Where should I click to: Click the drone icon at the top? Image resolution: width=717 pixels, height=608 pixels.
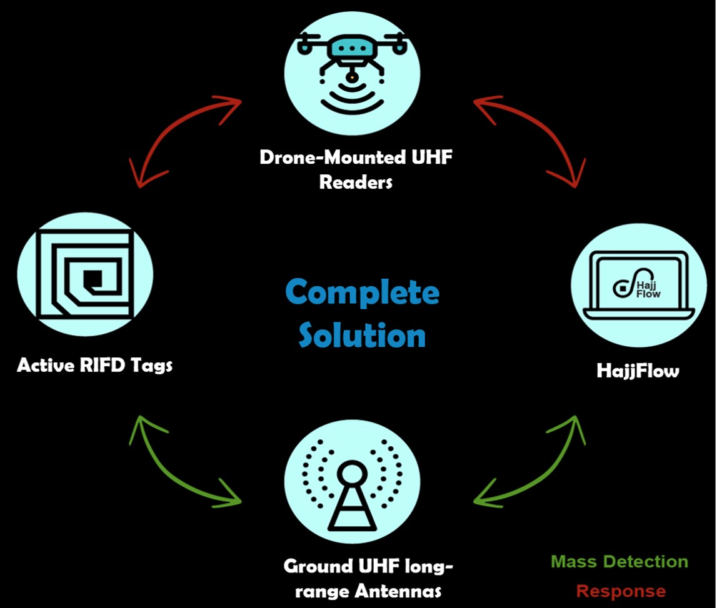pyautogui.click(x=353, y=69)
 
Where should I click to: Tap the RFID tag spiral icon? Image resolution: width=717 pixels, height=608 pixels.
pyautogui.click(x=84, y=275)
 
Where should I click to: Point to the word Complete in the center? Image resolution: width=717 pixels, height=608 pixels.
pyautogui.click(x=362, y=292)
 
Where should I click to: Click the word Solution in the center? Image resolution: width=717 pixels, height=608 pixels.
pyautogui.click(x=362, y=335)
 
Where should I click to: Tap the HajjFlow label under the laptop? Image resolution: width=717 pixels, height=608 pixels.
pyautogui.click(x=638, y=371)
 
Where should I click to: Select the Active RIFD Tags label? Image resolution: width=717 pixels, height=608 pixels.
pyautogui.click(x=95, y=366)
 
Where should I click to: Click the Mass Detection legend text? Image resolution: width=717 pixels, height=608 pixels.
pyautogui.click(x=619, y=562)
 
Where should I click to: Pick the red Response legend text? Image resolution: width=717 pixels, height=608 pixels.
pyautogui.click(x=621, y=591)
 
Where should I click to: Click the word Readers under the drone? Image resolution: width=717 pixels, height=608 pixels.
pyautogui.click(x=356, y=182)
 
